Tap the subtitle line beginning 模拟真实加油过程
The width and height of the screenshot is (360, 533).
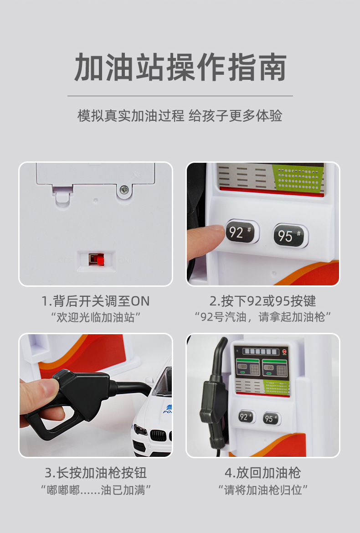click(x=180, y=116)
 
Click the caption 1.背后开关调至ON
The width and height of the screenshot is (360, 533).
click(x=96, y=301)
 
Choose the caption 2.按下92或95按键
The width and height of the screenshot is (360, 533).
click(x=262, y=301)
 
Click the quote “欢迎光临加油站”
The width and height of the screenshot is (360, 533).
click(x=96, y=316)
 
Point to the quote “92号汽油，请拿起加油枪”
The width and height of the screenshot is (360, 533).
click(x=262, y=316)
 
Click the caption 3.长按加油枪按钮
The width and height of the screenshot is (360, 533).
click(x=96, y=472)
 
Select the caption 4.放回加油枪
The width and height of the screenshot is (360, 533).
click(x=262, y=472)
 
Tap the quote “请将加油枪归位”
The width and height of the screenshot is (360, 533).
click(x=262, y=490)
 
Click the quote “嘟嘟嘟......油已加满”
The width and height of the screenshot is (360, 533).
click(x=96, y=490)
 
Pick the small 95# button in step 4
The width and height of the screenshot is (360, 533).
click(x=271, y=419)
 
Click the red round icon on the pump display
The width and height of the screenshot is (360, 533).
click(x=285, y=352)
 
